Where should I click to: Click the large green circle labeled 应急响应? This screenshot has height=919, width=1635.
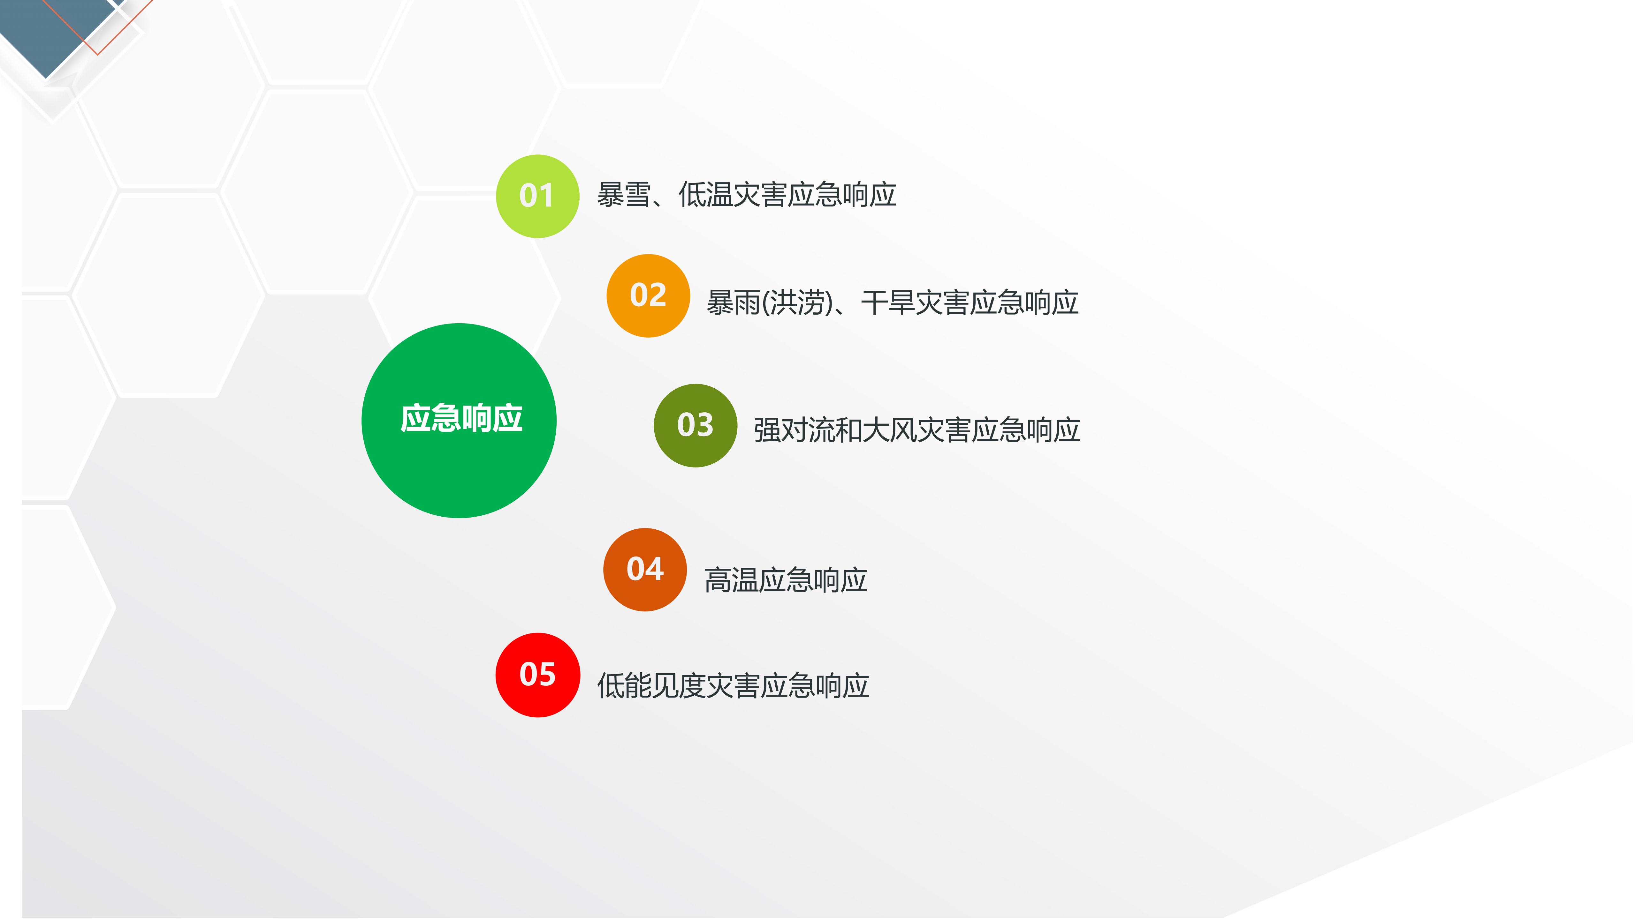coord(459,421)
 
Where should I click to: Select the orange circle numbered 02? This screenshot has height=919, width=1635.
coord(648,295)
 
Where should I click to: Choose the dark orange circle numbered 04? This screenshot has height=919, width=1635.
coord(645,570)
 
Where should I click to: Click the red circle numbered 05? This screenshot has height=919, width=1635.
coord(537,675)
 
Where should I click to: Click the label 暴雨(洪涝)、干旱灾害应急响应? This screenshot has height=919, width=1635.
coord(893,303)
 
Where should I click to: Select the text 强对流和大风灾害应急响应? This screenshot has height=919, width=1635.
coord(916,430)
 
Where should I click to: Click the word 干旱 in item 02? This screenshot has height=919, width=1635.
coord(888,303)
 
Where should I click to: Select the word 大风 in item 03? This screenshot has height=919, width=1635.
coord(889,430)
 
